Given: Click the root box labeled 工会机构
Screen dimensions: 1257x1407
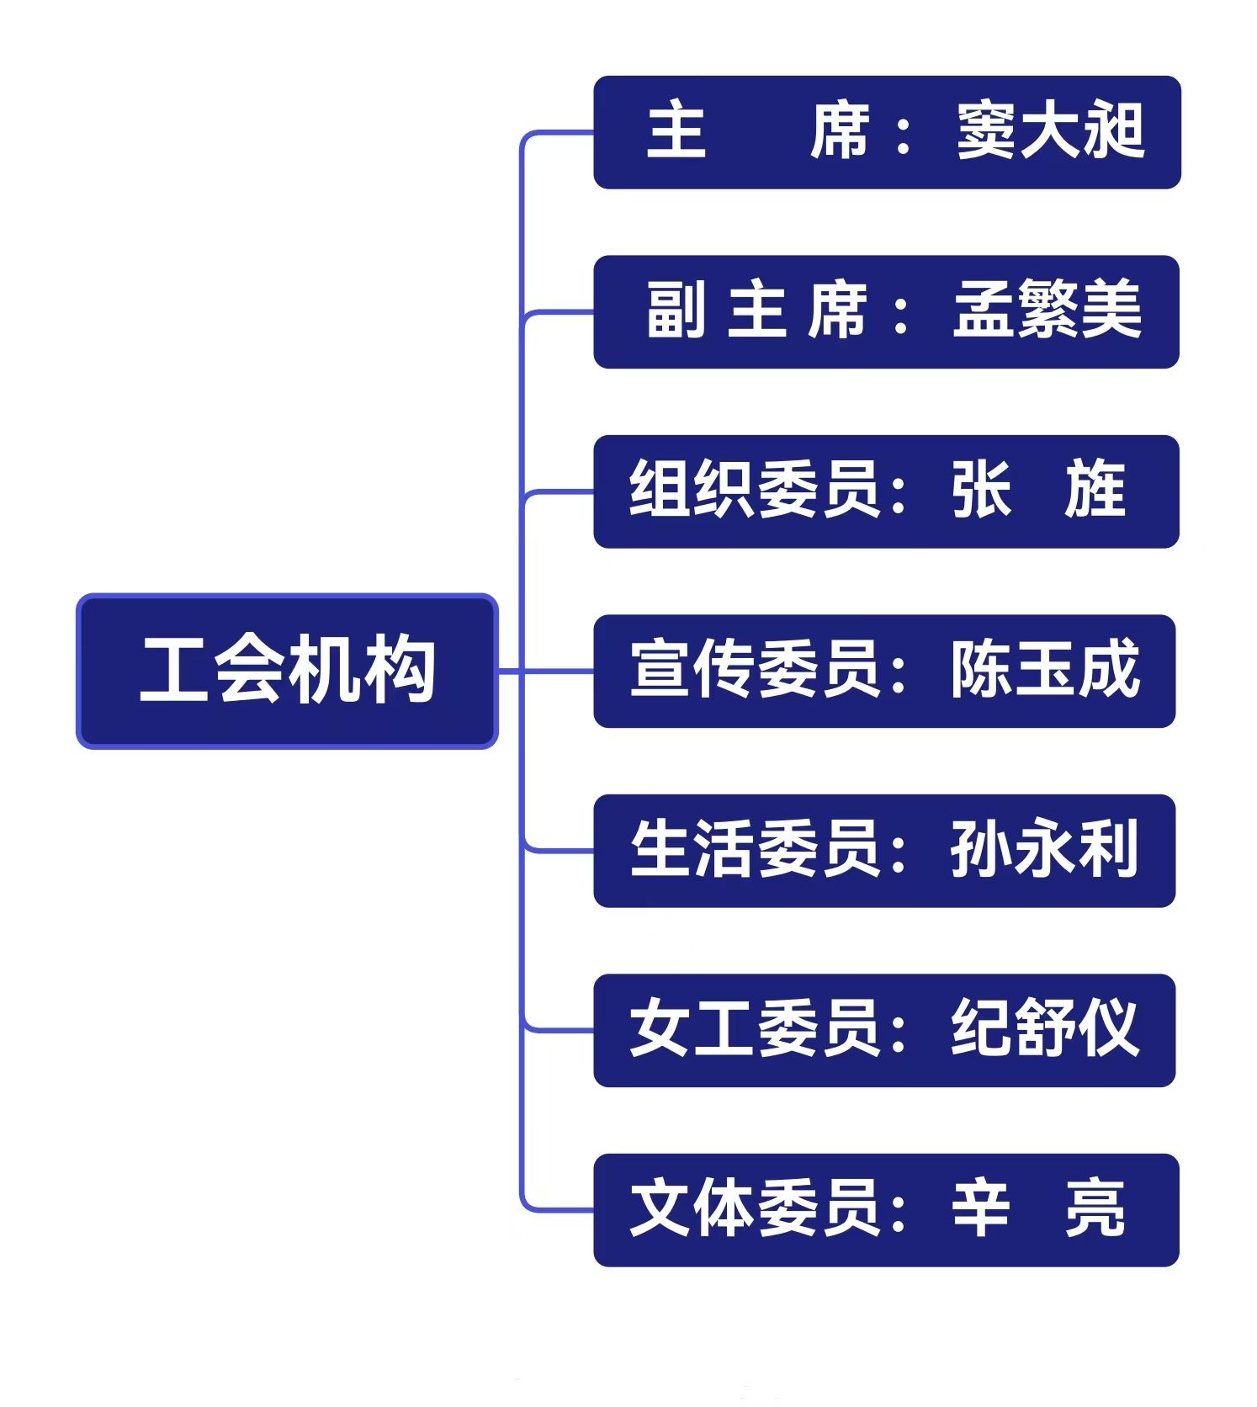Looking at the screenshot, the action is click(x=287, y=671).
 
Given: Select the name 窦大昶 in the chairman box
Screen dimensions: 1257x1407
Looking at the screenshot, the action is click(x=1051, y=131).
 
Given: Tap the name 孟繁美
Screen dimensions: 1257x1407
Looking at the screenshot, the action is click(x=1047, y=311).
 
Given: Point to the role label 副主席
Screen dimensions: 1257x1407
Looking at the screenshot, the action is click(x=756, y=311).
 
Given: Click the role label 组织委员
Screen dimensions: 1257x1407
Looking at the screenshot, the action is click(x=755, y=490).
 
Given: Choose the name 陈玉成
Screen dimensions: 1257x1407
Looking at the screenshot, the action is click(x=1045, y=670).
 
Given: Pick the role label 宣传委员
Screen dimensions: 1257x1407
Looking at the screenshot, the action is click(x=755, y=670).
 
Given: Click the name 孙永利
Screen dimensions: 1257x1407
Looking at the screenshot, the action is click(x=1044, y=849).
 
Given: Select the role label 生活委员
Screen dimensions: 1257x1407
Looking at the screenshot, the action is click(x=755, y=849).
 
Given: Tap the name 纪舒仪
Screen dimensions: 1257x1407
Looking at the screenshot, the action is click(x=1045, y=1028).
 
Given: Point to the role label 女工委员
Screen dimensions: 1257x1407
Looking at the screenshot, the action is click(x=755, y=1028).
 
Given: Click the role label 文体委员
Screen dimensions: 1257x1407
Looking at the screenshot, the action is click(x=755, y=1208).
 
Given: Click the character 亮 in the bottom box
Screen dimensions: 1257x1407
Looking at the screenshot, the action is click(x=1095, y=1208).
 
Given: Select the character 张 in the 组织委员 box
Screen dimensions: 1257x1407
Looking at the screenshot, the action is click(x=981, y=490).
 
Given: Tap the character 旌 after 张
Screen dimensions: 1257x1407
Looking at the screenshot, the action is click(x=1095, y=490).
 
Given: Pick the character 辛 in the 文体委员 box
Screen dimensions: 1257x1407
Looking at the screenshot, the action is click(x=981, y=1208).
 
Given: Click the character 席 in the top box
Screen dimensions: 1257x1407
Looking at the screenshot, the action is click(x=840, y=131).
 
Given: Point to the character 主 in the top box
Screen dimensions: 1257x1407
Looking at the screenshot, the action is click(x=676, y=131).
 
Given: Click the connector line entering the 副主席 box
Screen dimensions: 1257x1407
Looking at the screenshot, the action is click(x=559, y=312).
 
